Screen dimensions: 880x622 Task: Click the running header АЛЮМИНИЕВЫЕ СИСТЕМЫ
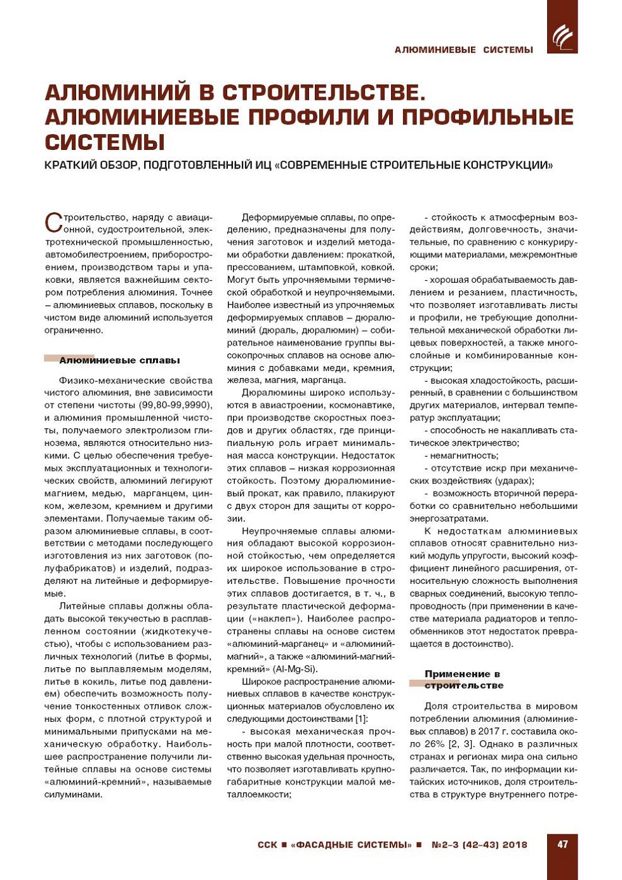pos(463,50)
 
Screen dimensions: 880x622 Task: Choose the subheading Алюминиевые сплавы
pos(119,360)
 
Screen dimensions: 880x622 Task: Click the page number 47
pos(562,844)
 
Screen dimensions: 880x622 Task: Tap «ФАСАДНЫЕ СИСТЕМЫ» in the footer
pos(351,845)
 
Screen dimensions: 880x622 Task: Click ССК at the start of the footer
pos(267,845)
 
